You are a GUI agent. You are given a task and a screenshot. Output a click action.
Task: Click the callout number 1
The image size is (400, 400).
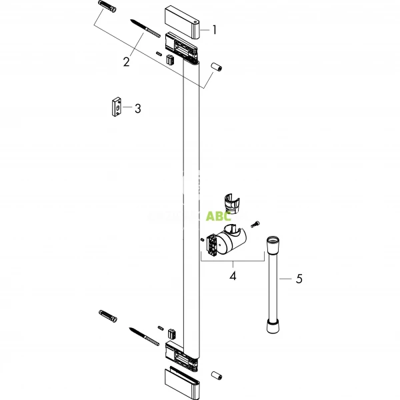point(214,29)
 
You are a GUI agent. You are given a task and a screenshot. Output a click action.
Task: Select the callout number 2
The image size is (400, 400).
point(126,62)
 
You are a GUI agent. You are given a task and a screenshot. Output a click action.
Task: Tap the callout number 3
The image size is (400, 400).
point(137,108)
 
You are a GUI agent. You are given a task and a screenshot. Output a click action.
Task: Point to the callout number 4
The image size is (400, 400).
point(232,274)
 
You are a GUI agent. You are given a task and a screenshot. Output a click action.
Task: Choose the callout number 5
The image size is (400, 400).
point(299,279)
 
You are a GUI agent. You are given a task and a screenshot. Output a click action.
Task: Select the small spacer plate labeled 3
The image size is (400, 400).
point(117,107)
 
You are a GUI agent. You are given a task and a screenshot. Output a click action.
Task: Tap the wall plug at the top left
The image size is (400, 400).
point(107,10)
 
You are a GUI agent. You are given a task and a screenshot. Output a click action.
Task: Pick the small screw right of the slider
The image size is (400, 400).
point(255,225)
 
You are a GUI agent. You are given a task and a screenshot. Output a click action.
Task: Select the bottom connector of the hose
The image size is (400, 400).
point(273,326)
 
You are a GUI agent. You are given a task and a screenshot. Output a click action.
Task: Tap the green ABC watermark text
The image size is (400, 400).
point(219,215)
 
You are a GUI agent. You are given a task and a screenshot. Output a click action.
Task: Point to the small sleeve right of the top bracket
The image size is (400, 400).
point(216,68)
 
